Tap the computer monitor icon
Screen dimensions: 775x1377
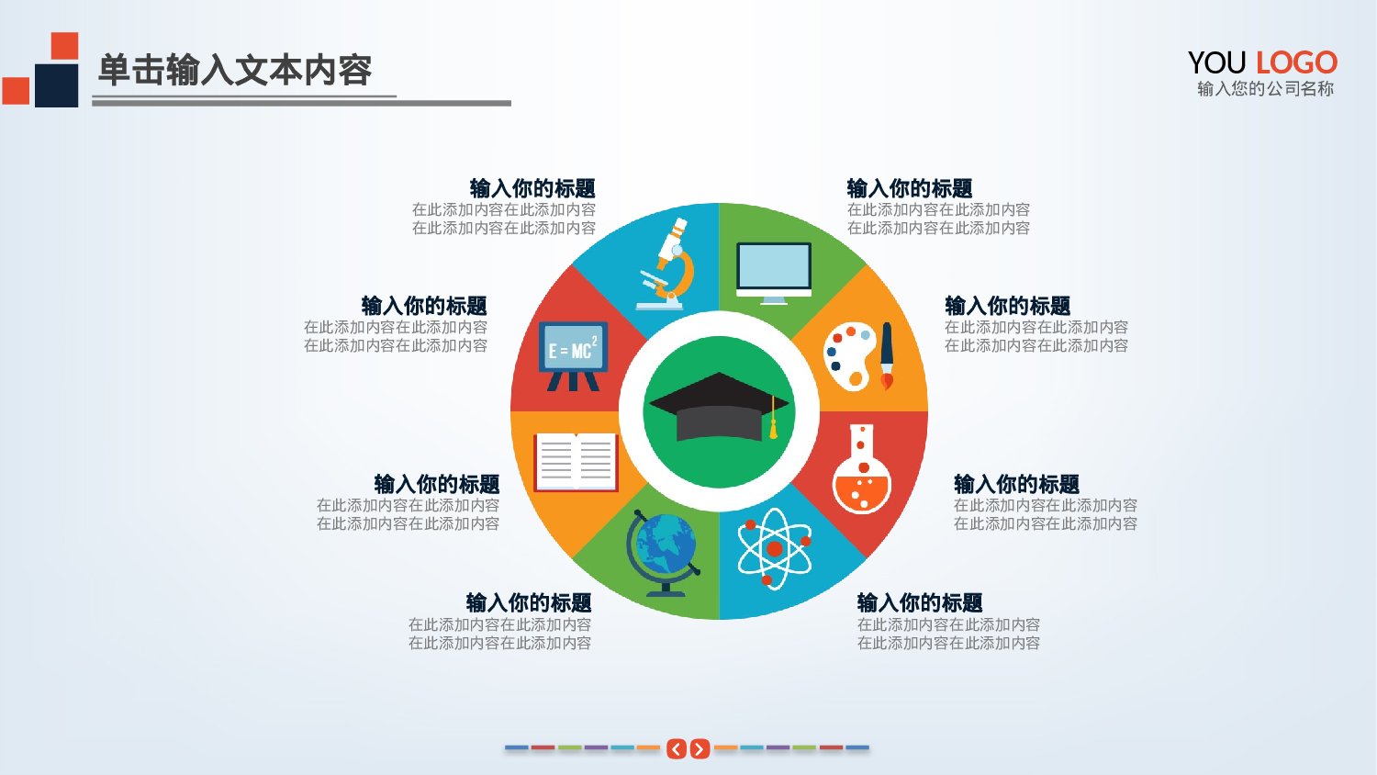774,272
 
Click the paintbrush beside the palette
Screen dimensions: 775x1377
886,356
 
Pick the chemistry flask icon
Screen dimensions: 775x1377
861,471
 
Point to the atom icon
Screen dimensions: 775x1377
774,549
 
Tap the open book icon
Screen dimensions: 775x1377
576,461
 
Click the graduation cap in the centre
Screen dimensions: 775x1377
718,407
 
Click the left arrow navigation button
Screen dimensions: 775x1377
677,749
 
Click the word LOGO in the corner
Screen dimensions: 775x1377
1296,62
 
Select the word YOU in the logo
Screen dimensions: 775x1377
1216,62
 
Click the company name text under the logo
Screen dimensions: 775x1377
1265,89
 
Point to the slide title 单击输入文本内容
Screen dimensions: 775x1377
235,70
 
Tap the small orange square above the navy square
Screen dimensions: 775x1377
64,46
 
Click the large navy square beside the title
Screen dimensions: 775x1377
56,85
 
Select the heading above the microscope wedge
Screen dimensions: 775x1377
532,188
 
